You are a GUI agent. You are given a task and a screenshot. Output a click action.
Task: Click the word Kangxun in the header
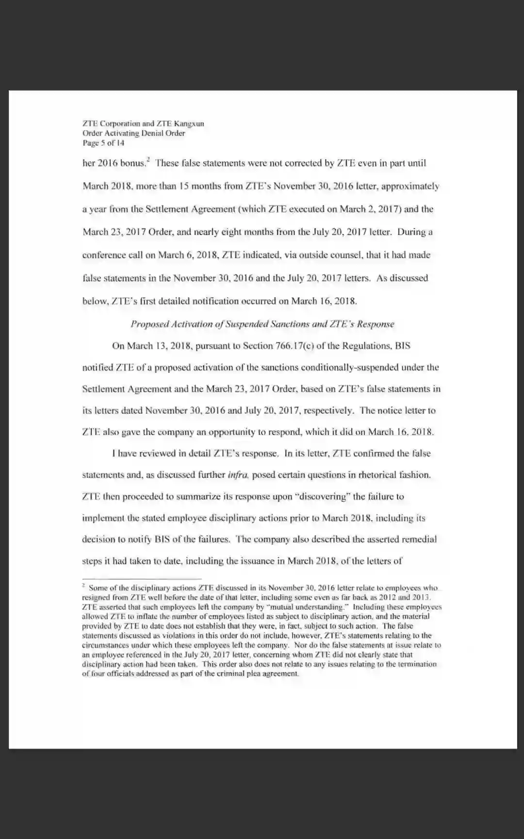tap(189, 124)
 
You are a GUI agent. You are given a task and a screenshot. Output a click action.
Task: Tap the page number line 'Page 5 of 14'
tap(103, 143)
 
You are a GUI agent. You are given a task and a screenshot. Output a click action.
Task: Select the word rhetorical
tap(378, 475)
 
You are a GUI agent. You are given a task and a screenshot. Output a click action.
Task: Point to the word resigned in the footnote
tap(97, 598)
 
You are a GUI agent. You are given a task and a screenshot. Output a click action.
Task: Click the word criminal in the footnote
tap(229, 674)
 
